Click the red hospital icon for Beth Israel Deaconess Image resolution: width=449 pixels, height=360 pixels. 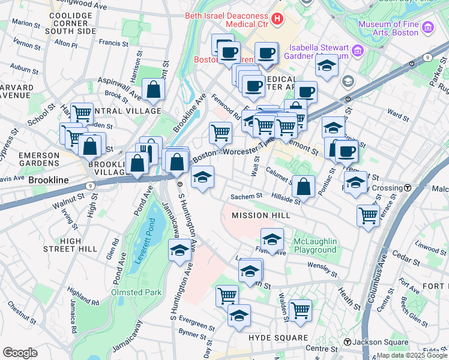[277, 19]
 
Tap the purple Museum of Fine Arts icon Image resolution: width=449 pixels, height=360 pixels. [427, 27]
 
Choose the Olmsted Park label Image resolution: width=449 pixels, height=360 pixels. [136, 292]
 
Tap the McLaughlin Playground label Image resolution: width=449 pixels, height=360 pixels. [315, 245]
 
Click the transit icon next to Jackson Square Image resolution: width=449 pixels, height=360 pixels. [347, 342]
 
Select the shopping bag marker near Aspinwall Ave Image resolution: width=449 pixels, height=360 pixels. [154, 90]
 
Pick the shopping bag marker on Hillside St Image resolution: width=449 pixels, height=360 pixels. [304, 186]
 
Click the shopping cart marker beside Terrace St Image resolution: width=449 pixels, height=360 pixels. [367, 215]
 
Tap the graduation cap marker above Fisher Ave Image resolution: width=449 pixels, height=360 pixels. [272, 239]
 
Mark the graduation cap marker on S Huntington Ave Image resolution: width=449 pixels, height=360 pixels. [179, 250]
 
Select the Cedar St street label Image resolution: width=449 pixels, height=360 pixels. [408, 260]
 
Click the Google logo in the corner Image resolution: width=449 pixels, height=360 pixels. [20, 353]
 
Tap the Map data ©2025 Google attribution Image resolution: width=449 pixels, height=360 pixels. [412, 355]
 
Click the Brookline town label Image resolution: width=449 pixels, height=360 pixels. [47, 180]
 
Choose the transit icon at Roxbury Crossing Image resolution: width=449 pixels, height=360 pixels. [408, 188]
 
